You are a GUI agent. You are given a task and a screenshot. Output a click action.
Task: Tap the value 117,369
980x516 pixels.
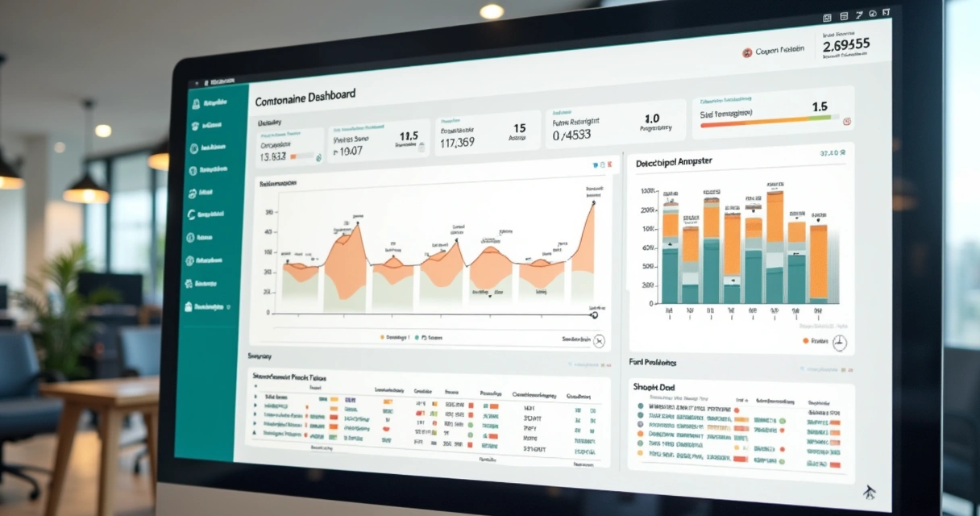tap(457, 142)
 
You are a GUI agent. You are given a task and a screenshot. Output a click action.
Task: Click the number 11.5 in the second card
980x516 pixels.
tap(409, 135)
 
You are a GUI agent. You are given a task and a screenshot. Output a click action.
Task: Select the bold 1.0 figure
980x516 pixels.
tap(652, 119)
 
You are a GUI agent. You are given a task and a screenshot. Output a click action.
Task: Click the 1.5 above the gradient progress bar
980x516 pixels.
tap(820, 106)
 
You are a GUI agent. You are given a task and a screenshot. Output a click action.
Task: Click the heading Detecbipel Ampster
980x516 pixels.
tap(674, 161)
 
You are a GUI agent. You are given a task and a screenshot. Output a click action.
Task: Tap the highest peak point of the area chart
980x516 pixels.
tap(593, 203)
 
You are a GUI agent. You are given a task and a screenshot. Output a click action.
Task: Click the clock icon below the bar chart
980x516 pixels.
tap(839, 343)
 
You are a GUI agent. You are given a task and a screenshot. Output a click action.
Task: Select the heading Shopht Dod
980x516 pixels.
tap(654, 387)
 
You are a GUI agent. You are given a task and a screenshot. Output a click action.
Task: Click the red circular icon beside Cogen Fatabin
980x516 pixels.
tap(747, 52)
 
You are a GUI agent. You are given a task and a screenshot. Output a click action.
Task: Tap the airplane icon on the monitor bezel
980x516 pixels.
tap(870, 492)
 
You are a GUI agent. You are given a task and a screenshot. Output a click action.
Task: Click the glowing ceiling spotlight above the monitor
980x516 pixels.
tap(491, 11)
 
